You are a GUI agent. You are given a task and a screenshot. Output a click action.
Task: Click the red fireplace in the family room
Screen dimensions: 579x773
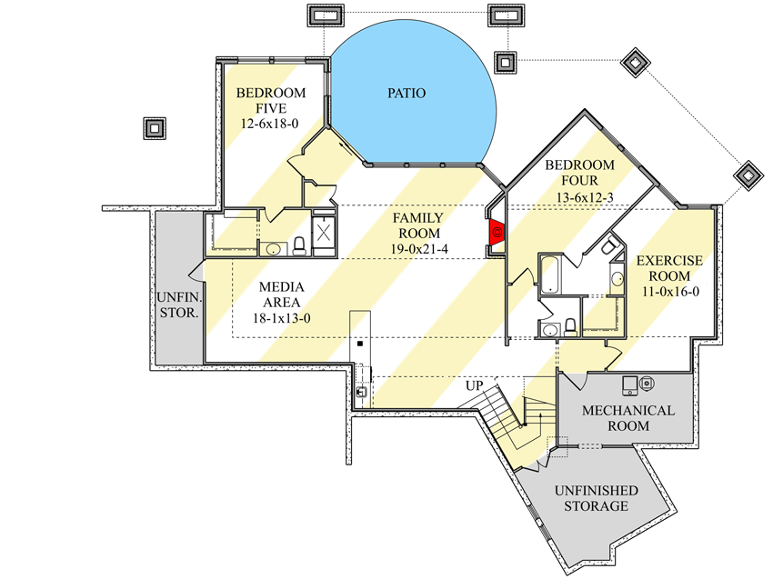[x=497, y=233]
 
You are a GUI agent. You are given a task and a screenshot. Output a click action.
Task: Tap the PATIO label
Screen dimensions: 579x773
[x=407, y=93]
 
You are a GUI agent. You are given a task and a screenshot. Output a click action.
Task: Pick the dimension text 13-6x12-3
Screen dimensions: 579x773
[x=579, y=195]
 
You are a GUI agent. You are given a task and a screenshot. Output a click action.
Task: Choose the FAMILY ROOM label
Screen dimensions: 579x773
[x=418, y=225]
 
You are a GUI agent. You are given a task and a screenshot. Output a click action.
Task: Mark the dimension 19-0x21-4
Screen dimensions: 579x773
[x=418, y=248]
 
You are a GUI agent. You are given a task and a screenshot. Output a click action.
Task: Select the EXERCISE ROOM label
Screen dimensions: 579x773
[x=669, y=268]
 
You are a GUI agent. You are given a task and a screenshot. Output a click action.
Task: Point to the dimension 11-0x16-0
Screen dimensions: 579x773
[x=669, y=292]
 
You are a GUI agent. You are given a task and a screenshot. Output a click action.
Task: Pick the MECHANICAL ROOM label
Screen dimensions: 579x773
[x=628, y=418]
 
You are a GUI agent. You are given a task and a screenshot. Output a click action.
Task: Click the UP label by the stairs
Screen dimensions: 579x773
[x=474, y=385]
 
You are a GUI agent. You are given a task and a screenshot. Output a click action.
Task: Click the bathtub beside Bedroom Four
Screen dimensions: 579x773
[x=551, y=275]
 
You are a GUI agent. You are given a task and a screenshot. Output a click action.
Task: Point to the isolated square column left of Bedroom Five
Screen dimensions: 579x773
[x=155, y=128]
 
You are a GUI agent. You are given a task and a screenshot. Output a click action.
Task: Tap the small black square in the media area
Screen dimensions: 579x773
[x=360, y=344]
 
